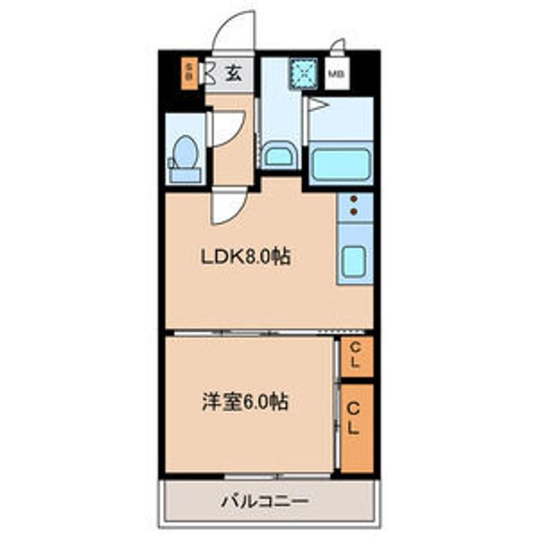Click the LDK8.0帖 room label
(244, 257)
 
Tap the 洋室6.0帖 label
(244, 402)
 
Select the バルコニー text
(264, 500)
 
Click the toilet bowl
(184, 154)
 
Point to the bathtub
(341, 163)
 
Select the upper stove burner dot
(353, 200)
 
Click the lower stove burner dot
(353, 212)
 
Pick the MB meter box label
(338, 74)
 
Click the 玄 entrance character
(233, 73)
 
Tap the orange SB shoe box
(189, 72)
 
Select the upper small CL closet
(356, 356)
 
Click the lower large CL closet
(356, 427)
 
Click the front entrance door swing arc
(234, 34)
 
